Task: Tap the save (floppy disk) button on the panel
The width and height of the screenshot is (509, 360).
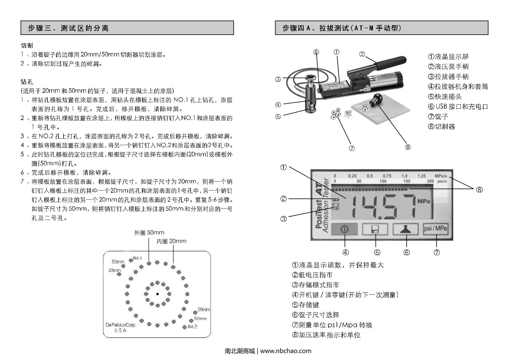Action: pos(375,229)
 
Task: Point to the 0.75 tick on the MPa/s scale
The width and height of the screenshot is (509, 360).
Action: pos(387,176)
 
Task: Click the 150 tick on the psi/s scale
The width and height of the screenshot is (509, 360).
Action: pos(406,181)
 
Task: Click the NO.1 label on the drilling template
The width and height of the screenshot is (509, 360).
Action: pos(137,258)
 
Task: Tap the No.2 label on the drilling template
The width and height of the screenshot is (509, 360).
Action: pos(192,326)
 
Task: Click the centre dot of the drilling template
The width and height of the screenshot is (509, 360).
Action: pos(157,294)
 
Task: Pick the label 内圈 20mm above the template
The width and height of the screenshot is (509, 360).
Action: pos(171,241)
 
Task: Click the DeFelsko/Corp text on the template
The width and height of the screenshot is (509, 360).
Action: pos(120,325)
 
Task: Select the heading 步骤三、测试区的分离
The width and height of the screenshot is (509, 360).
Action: pos(68,28)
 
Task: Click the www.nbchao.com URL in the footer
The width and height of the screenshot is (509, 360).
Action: pos(286,351)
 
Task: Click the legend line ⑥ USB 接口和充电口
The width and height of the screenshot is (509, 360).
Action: pos(458,106)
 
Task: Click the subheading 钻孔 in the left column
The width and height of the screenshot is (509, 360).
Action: pos(27,82)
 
